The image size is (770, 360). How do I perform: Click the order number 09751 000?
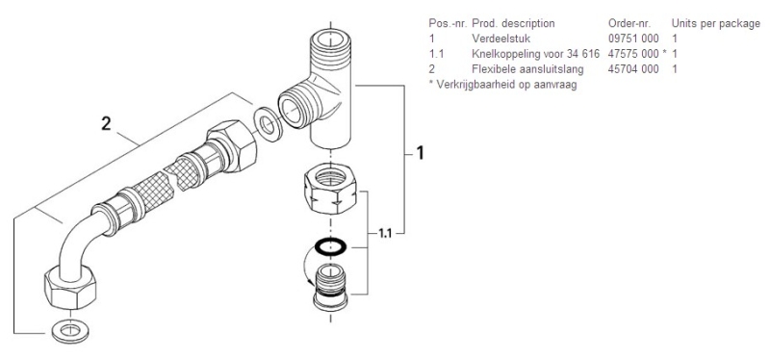click(x=633, y=39)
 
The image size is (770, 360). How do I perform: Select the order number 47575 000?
click(x=633, y=54)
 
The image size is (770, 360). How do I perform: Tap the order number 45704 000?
click(x=633, y=68)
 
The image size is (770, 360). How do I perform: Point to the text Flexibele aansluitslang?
click(x=527, y=68)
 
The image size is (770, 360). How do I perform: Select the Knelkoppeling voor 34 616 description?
click(x=536, y=54)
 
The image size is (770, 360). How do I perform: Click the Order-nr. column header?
click(x=629, y=23)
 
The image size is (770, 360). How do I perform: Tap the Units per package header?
click(x=715, y=23)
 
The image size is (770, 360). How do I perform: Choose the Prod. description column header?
click(x=513, y=23)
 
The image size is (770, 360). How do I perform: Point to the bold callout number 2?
click(x=106, y=124)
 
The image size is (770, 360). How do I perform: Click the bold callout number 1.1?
click(x=386, y=233)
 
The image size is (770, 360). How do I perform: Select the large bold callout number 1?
click(x=420, y=153)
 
